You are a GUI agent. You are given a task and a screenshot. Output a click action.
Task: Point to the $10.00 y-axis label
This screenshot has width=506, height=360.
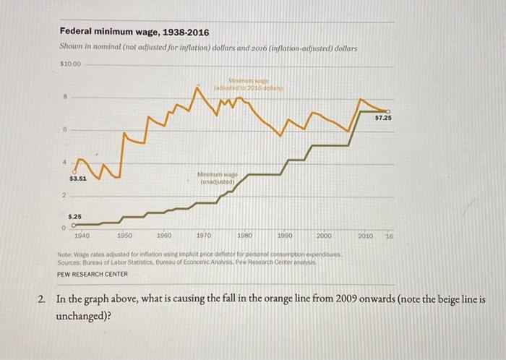[x=70, y=64]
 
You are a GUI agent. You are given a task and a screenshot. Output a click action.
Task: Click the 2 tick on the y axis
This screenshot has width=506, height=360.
[x=62, y=194]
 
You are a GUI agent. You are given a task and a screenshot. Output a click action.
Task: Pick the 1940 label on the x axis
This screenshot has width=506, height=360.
[x=82, y=236]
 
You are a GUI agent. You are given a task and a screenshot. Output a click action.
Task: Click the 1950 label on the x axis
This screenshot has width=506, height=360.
[x=124, y=236]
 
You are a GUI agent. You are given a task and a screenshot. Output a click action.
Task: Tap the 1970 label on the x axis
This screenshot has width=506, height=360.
[x=204, y=236]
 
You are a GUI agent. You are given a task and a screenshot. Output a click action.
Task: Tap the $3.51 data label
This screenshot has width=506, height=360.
[x=78, y=178]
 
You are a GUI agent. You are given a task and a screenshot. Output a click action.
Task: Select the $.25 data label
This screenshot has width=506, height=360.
[x=75, y=216]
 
